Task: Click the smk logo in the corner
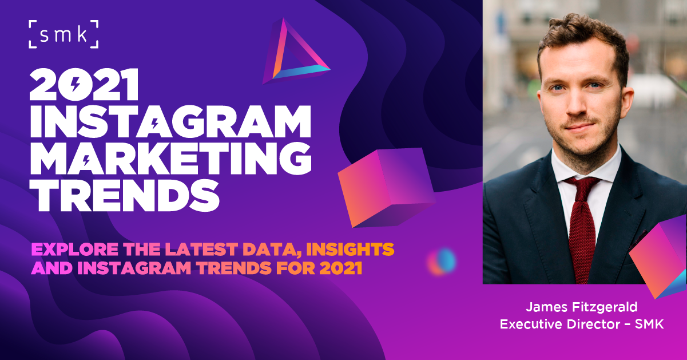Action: pos(63,34)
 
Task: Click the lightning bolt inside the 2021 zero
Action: pos(75,84)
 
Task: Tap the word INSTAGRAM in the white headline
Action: pos(170,122)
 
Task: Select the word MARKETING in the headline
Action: pos(171,159)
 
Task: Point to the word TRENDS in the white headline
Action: pos(125,196)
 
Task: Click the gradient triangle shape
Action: pos(295,52)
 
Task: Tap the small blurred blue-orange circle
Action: pos(442,262)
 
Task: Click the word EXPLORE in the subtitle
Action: pos(74,249)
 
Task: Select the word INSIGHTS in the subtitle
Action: pos(350,249)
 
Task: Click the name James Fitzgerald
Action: pos(582,307)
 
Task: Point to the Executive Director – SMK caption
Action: pos(582,324)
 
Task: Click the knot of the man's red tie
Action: pos(582,188)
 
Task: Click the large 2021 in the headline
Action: pos(84,84)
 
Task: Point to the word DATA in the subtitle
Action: pos(269,250)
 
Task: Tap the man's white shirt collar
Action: pos(586,167)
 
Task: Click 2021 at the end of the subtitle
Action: pos(341,268)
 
